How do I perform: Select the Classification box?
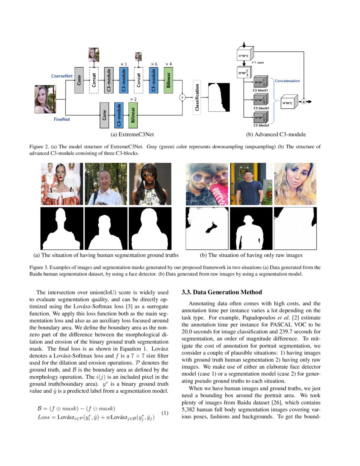click(197, 97)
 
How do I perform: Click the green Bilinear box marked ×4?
click(168, 79)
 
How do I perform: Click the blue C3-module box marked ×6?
click(154, 79)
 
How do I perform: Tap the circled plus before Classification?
click(183, 97)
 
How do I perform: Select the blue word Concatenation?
click(288, 80)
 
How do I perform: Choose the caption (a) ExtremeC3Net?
click(132, 135)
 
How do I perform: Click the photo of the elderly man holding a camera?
click(105, 184)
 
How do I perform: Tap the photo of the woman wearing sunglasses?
click(150, 184)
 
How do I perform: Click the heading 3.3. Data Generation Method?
click(222, 292)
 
